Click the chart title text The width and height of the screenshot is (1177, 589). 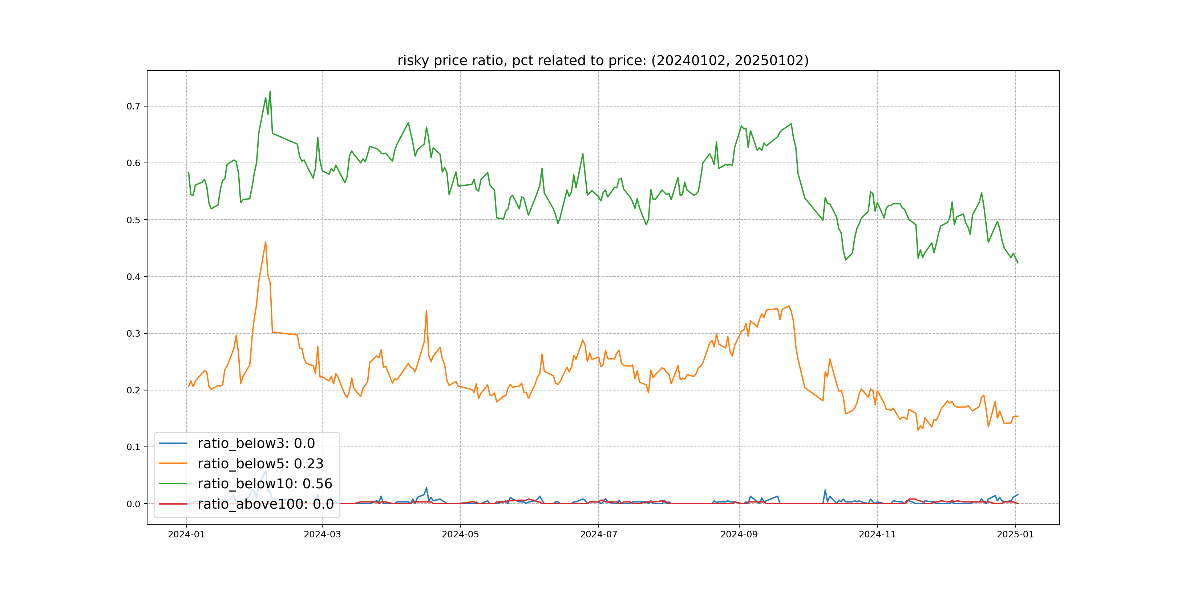click(x=603, y=60)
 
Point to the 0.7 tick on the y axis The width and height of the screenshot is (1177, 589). click(x=133, y=107)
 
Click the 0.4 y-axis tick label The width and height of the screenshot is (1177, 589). click(x=133, y=277)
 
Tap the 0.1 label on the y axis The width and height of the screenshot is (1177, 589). click(x=133, y=447)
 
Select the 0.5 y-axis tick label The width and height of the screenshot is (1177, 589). click(x=133, y=220)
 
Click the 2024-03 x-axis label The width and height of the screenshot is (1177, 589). click(x=322, y=534)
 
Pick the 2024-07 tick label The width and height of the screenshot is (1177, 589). click(x=599, y=534)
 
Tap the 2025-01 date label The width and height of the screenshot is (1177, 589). click(x=1015, y=534)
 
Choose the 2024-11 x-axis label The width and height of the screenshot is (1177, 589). click(x=877, y=534)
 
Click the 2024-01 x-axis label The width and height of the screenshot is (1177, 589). click(x=186, y=534)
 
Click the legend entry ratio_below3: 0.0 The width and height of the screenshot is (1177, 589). click(x=256, y=443)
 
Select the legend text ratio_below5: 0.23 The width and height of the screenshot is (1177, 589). click(x=260, y=464)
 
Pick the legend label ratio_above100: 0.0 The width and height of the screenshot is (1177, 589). click(x=266, y=504)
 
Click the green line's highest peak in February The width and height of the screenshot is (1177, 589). click(x=270, y=92)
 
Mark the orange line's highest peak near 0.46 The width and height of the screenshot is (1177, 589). click(x=266, y=242)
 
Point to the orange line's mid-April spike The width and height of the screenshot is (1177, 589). click(x=426, y=311)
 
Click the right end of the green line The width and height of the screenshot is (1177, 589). click(x=1018, y=263)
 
